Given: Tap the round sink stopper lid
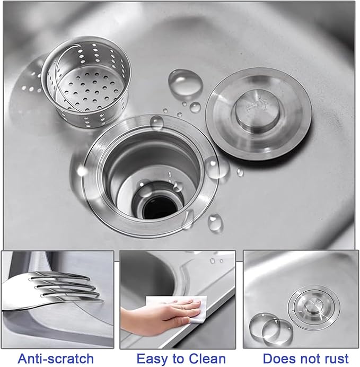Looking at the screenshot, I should [x=258, y=111].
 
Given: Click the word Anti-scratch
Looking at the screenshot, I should [x=56, y=358].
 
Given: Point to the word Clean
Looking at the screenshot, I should [x=206, y=358].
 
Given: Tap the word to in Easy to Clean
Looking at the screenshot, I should [x=177, y=358].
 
